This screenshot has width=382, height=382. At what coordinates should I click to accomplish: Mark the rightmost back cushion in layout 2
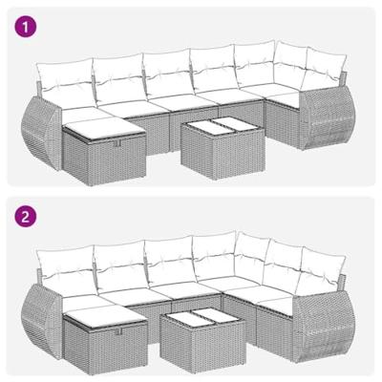tap(316, 264)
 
